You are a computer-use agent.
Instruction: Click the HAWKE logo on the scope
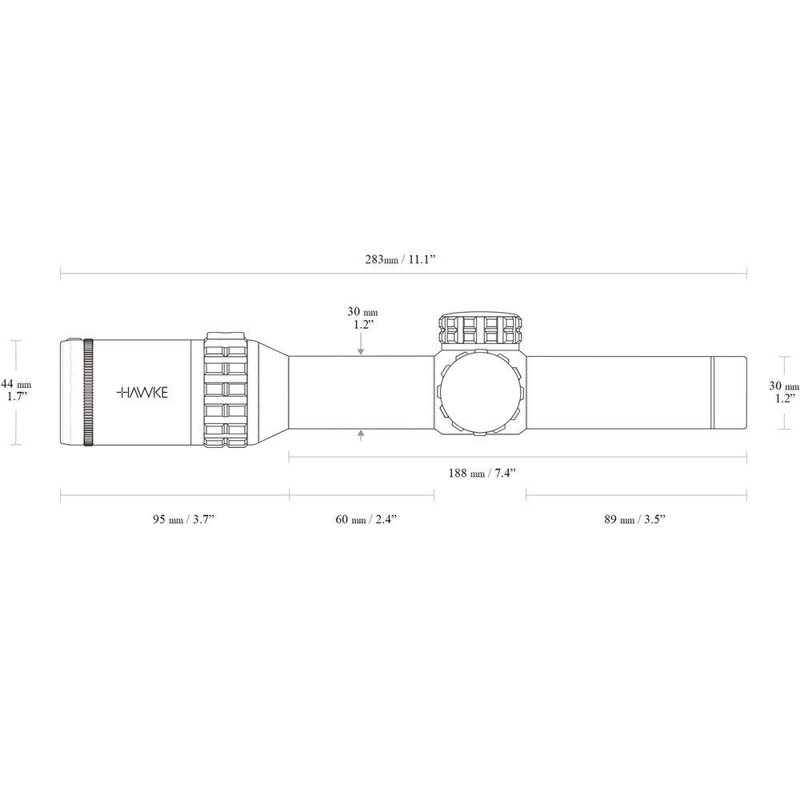pos(142,392)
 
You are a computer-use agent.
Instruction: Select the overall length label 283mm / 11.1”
pos(400,259)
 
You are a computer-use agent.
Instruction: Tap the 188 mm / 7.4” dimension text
pos(482,473)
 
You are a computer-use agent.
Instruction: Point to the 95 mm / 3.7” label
pos(183,519)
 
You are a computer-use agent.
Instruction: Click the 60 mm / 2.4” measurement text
pos(366,519)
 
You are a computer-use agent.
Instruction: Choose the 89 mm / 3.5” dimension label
pos(635,519)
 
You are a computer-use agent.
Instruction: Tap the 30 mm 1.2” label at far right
pos(784,392)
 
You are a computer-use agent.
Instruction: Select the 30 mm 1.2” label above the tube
pos(362,318)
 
